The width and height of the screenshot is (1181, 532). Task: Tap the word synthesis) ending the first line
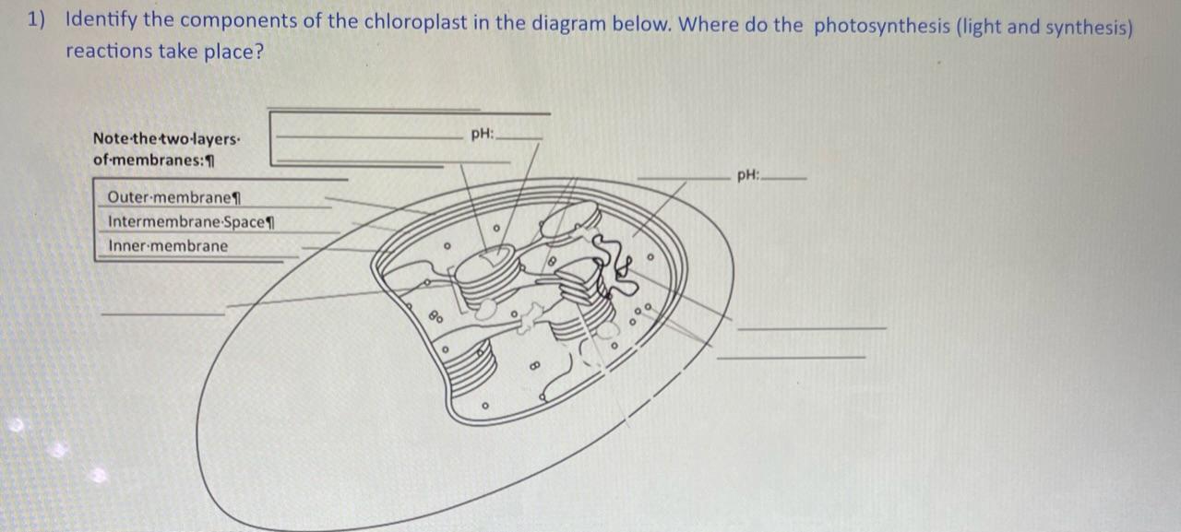[1089, 26]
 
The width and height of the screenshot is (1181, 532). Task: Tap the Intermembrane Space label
[192, 222]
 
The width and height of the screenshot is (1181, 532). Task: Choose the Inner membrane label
[168, 246]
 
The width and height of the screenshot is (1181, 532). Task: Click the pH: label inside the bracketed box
[482, 135]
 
